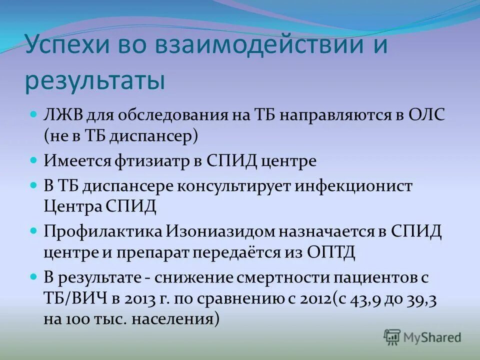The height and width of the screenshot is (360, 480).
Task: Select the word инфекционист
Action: tap(355, 186)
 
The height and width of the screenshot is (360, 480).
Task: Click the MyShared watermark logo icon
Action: tap(392, 337)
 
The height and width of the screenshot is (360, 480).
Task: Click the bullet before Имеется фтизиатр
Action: tap(34, 161)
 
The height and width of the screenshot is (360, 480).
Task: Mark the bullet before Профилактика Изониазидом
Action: tap(34, 231)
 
